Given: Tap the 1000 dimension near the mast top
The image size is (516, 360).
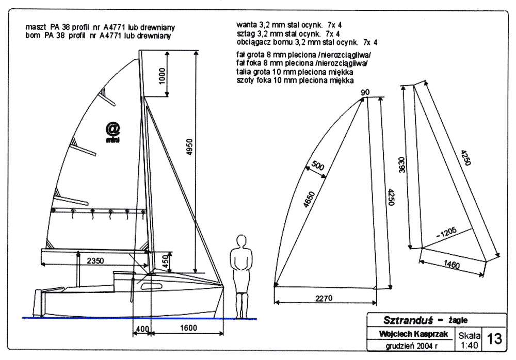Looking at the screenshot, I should pos(162,75).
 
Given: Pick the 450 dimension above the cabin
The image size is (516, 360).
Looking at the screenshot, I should pos(165,261).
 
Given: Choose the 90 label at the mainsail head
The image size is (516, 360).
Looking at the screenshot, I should pos(365,92).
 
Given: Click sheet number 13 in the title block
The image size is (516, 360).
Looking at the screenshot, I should pos(494,339).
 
